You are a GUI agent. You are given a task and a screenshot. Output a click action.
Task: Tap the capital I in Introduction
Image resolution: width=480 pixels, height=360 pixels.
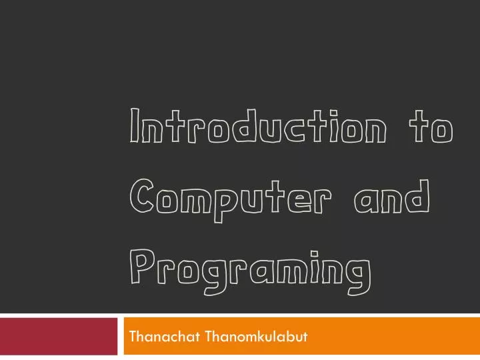pos(134,128)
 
